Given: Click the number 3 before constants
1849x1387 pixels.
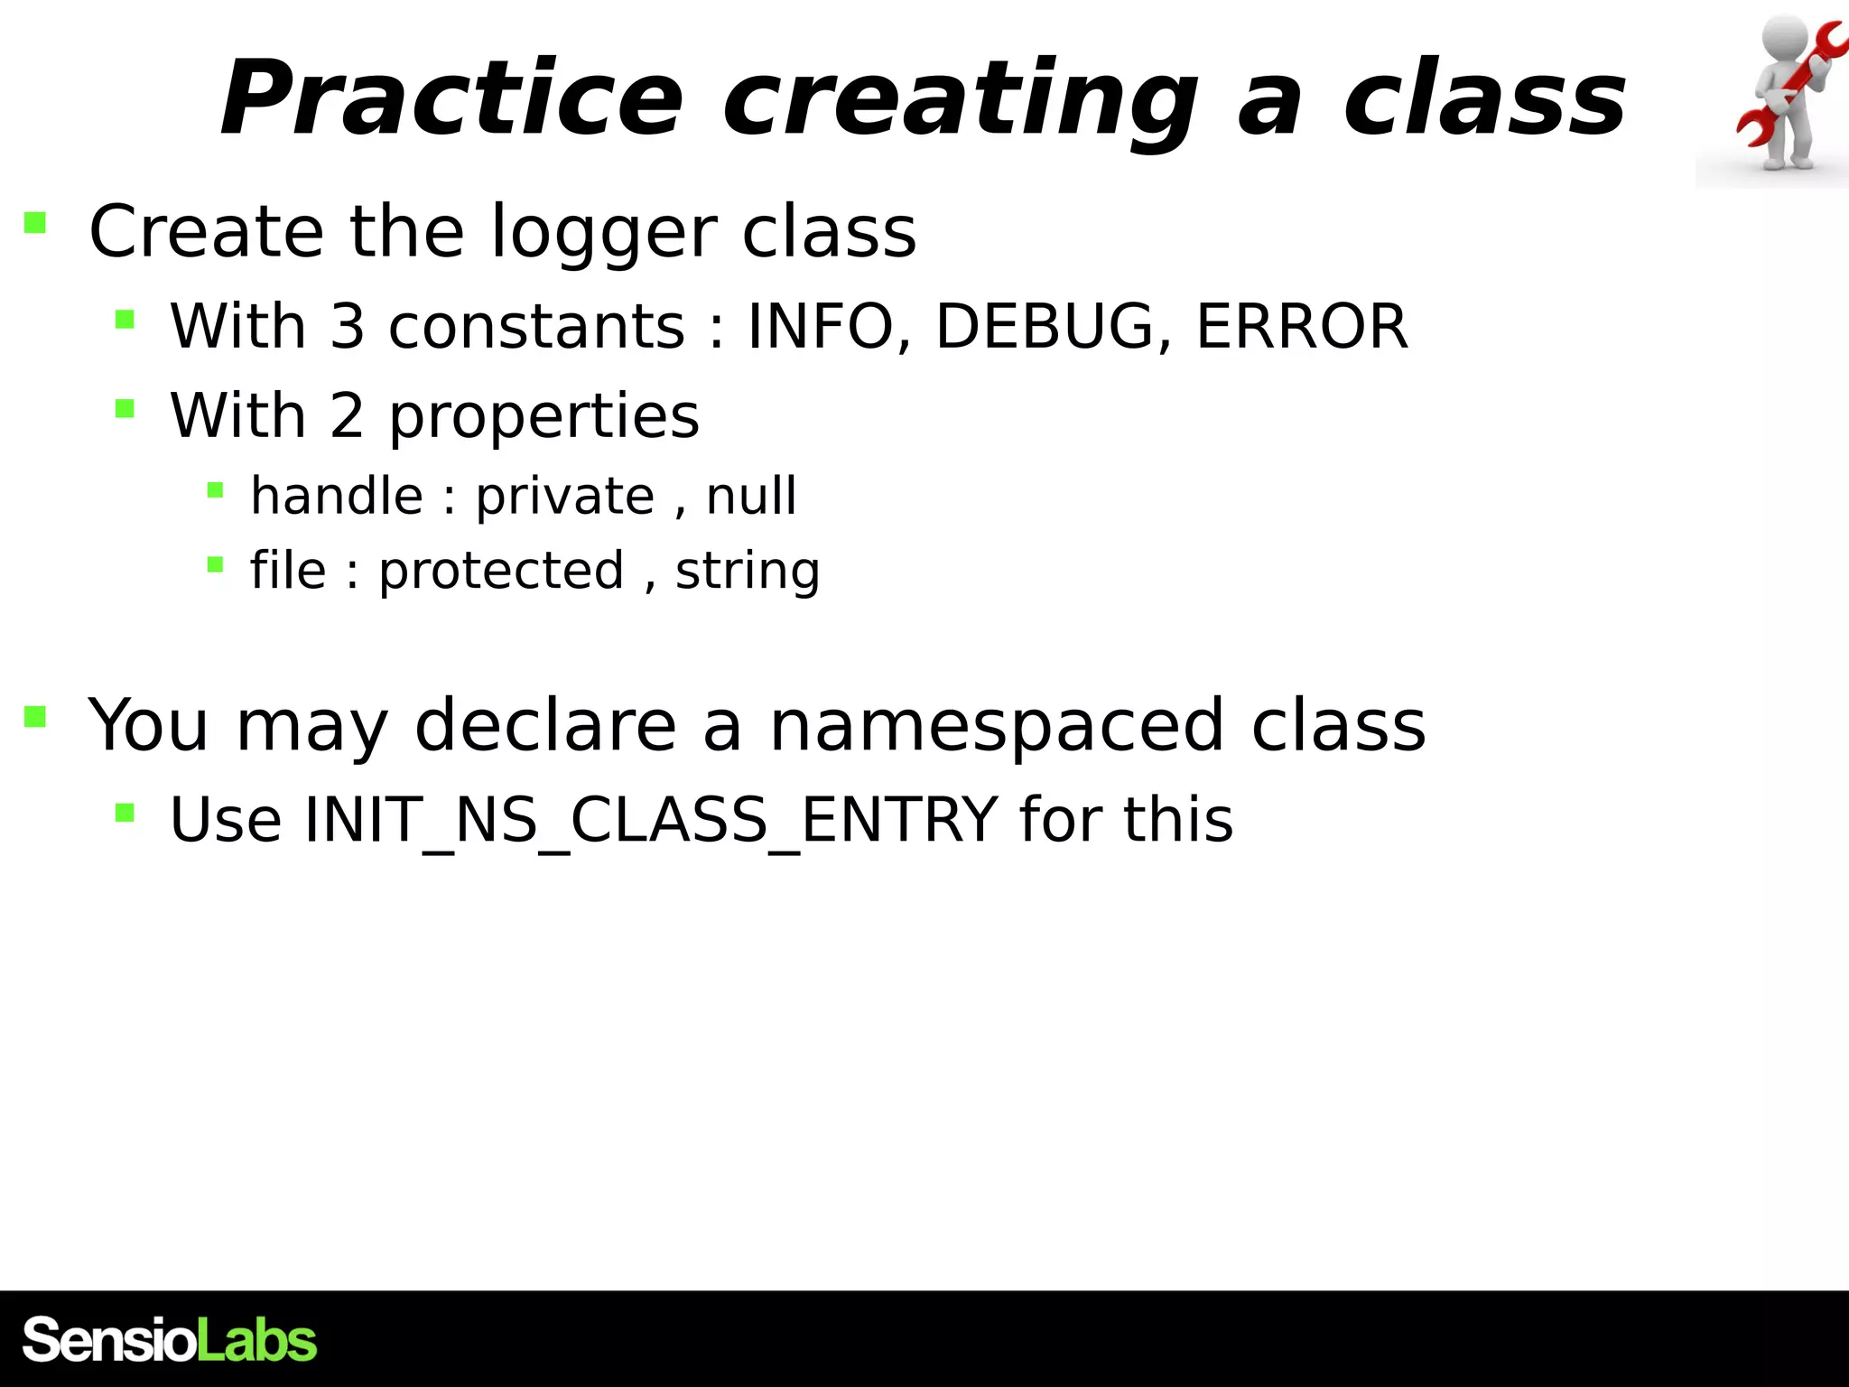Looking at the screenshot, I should click(x=348, y=326).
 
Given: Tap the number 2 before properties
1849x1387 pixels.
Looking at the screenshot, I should click(x=348, y=416).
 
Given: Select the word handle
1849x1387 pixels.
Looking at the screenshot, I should click(x=337, y=496).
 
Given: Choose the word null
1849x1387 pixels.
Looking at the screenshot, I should click(x=751, y=496).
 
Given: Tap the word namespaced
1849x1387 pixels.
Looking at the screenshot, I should click(x=996, y=725).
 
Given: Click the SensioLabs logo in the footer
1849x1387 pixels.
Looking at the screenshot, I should click(x=170, y=1340).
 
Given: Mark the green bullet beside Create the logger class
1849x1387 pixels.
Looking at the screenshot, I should click(x=35, y=222).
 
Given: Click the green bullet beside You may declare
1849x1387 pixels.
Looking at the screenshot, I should click(x=35, y=716).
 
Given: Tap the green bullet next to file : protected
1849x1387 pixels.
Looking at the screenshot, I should click(x=215, y=565).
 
